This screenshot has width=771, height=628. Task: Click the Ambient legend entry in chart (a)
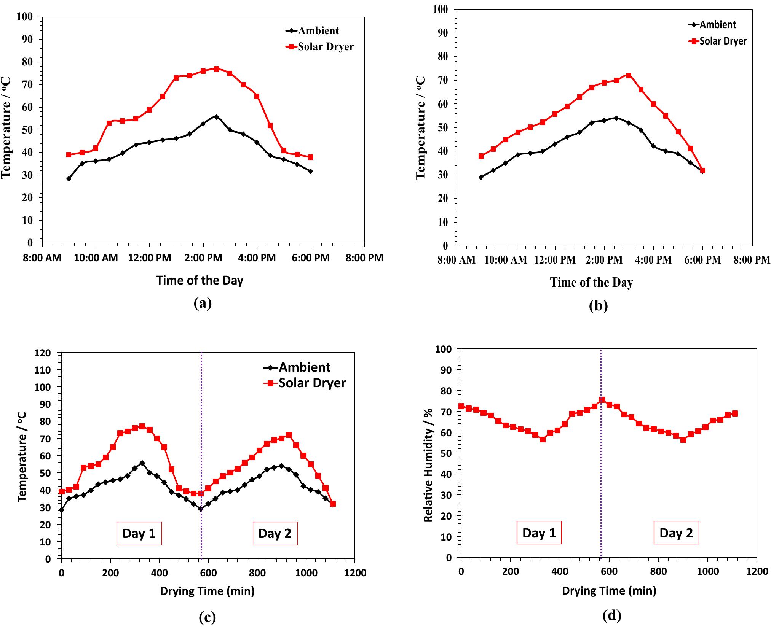318,31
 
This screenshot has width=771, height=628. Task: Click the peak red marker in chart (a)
216,69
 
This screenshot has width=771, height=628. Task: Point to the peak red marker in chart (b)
629,75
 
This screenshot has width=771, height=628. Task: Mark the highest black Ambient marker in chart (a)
216,117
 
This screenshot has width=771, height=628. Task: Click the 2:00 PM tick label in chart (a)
203,258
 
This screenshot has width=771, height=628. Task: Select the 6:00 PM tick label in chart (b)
702,260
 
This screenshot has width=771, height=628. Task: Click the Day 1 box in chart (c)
139,533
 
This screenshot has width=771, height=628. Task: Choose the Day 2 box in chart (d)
676,533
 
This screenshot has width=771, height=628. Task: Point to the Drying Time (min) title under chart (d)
609,591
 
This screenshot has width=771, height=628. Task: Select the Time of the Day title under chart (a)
200,281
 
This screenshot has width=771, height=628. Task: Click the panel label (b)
598,305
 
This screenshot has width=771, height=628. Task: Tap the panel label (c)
208,617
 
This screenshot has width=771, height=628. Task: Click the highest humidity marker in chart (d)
602,400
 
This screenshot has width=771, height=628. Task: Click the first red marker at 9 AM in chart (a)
69,155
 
